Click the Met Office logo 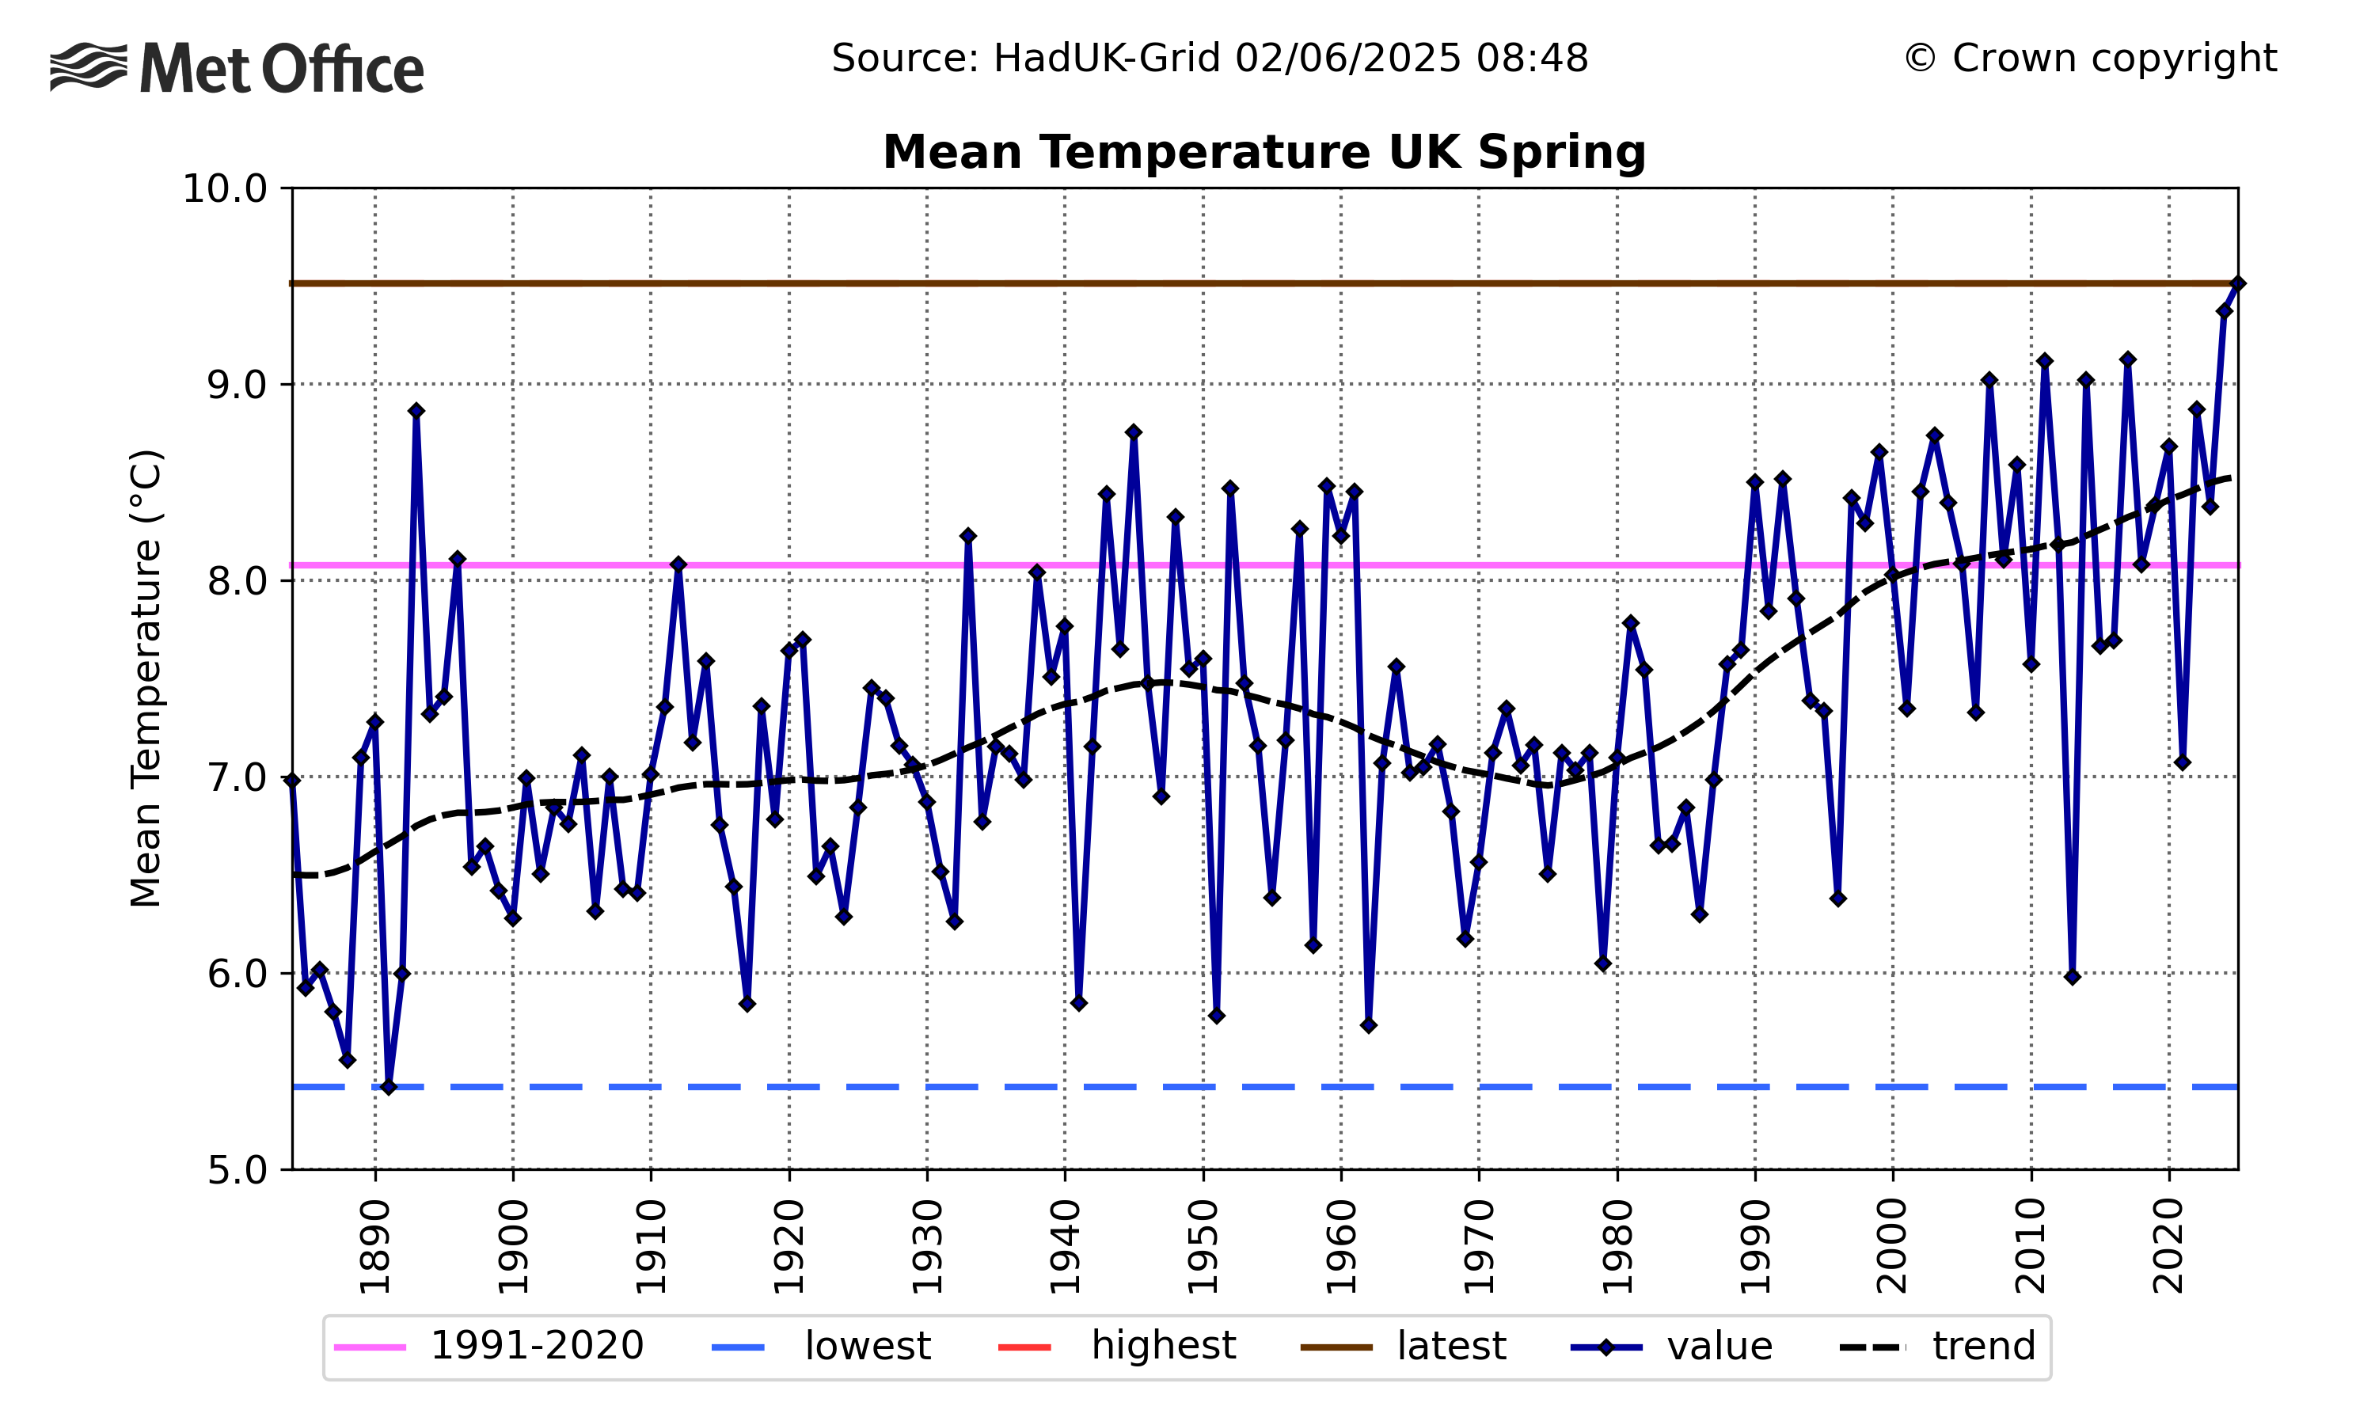tap(236, 68)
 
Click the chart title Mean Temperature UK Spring tap(1263, 153)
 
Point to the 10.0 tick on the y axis tap(225, 189)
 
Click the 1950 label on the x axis tap(1203, 1246)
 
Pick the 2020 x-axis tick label tap(2168, 1246)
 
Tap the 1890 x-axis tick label tap(375, 1246)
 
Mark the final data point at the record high tap(2236, 283)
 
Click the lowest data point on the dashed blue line tap(389, 1087)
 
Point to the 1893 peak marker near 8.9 tap(416, 411)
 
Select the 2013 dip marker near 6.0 tap(2072, 977)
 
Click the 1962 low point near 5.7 tap(1368, 1025)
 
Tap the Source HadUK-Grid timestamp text tap(1210, 59)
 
